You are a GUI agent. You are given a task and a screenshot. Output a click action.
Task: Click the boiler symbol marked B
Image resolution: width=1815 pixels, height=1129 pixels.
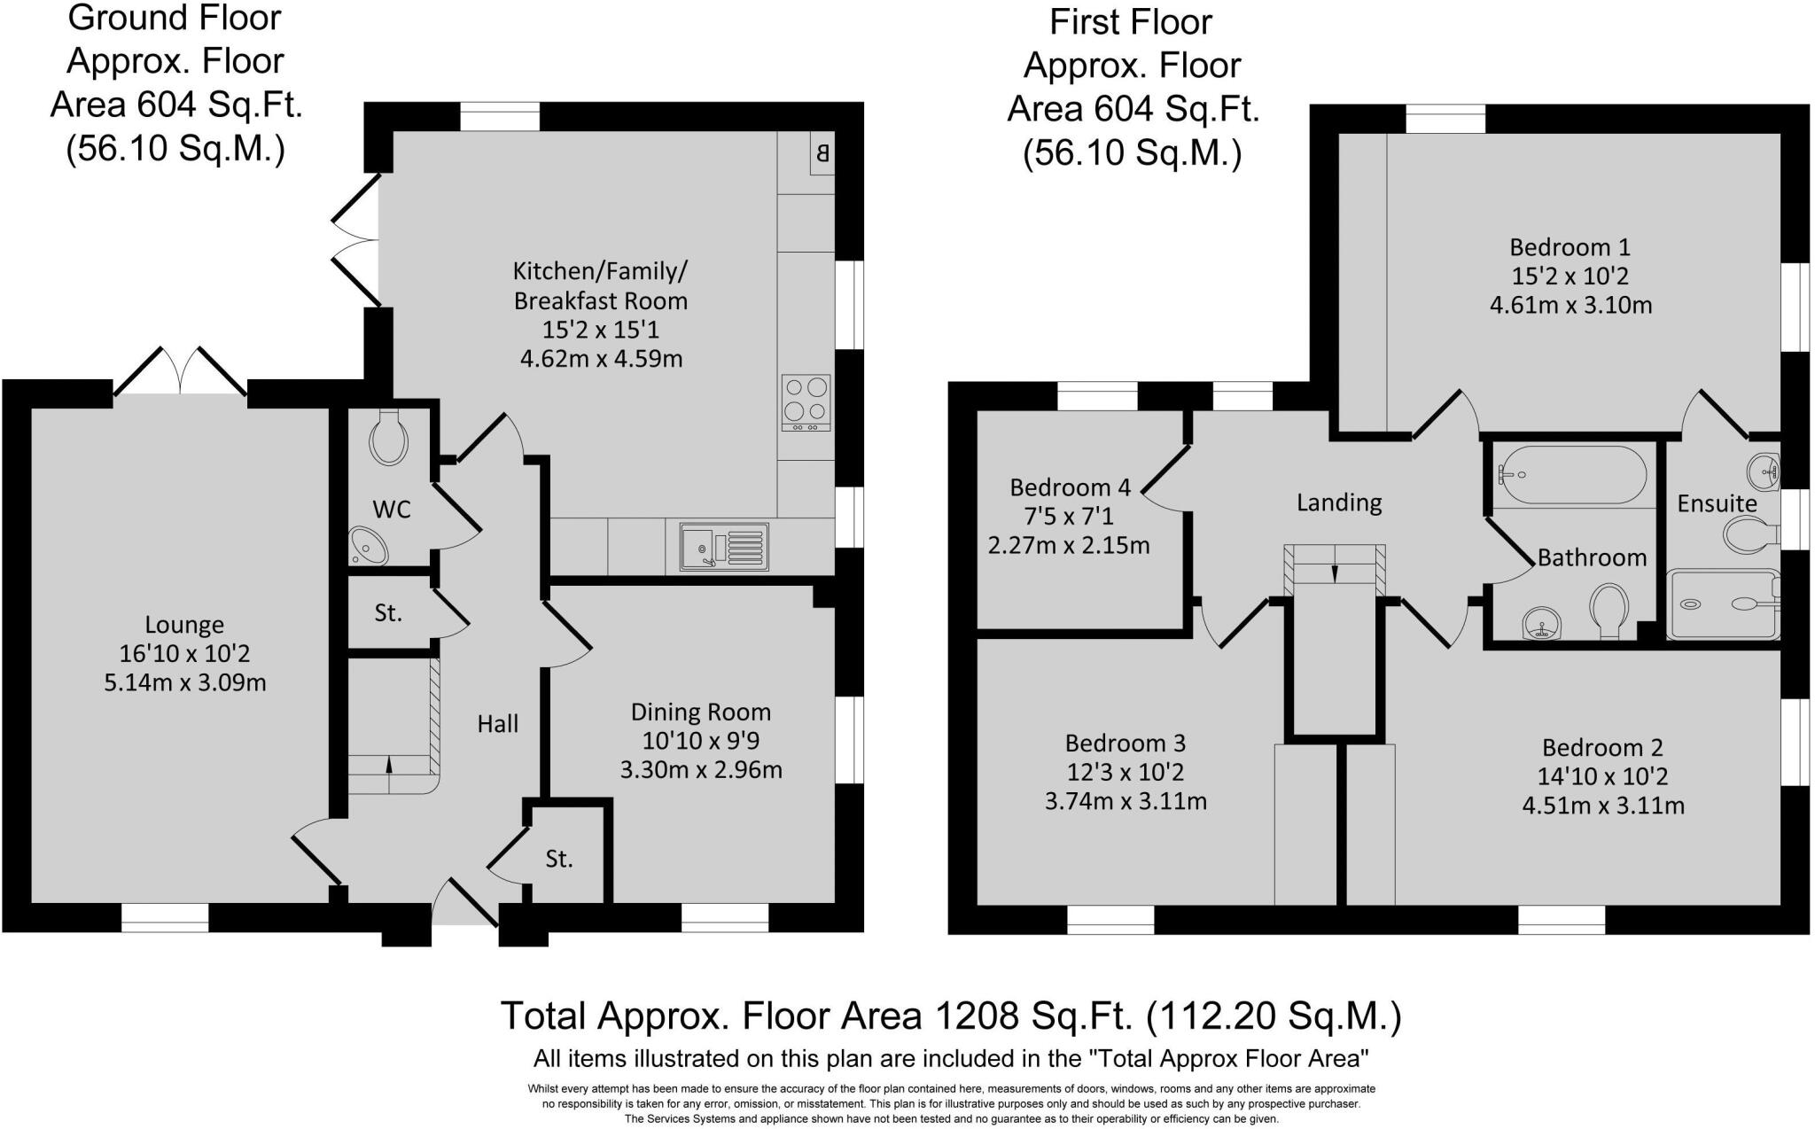[822, 154]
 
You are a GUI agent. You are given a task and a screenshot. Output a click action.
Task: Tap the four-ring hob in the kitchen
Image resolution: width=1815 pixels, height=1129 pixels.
[806, 402]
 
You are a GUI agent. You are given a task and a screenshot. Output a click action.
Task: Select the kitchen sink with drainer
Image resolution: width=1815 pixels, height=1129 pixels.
[724, 547]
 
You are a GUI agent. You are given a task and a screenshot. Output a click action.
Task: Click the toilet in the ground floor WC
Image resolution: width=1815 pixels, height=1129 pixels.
[388, 437]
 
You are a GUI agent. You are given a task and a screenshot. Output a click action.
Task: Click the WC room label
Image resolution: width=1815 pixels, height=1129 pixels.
[391, 510]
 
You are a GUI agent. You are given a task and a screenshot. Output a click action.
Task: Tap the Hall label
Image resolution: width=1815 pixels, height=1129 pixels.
[497, 724]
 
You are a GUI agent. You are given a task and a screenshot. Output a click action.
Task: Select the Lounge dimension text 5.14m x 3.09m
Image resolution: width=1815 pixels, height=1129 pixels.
[184, 683]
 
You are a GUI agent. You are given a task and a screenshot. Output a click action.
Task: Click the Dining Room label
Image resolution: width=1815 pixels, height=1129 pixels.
[700, 712]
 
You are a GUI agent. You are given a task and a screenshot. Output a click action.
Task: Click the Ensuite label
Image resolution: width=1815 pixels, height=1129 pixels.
[1717, 503]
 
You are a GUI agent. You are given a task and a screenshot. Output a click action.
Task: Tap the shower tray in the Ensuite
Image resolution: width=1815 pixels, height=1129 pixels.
[1723, 604]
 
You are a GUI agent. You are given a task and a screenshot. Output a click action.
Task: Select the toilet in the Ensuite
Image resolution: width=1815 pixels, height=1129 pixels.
[1749, 535]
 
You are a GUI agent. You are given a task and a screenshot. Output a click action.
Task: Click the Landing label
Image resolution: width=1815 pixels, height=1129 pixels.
[1338, 502]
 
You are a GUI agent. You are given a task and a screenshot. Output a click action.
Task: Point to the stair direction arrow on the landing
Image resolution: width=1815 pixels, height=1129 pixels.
[1335, 573]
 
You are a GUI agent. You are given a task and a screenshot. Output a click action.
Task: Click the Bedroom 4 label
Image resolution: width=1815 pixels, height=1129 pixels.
[1070, 487]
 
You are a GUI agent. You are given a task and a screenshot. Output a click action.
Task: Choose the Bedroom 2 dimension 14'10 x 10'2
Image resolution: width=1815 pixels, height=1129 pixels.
[1602, 776]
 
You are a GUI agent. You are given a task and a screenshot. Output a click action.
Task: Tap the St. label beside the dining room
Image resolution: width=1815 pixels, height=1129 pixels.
[558, 859]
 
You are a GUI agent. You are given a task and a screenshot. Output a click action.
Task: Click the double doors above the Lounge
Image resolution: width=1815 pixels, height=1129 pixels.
[181, 370]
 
